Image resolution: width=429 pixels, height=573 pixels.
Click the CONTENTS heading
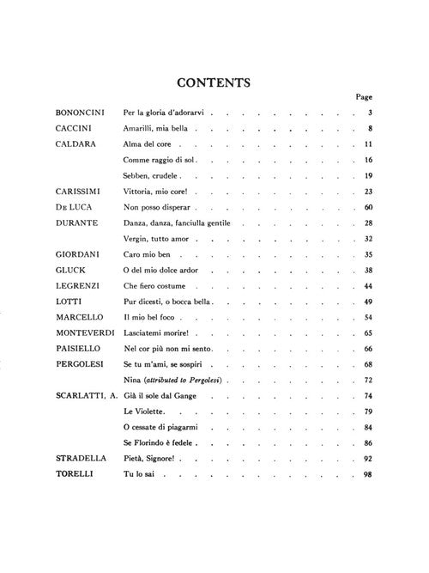[x=213, y=83]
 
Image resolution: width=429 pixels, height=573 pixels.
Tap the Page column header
[x=364, y=97]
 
